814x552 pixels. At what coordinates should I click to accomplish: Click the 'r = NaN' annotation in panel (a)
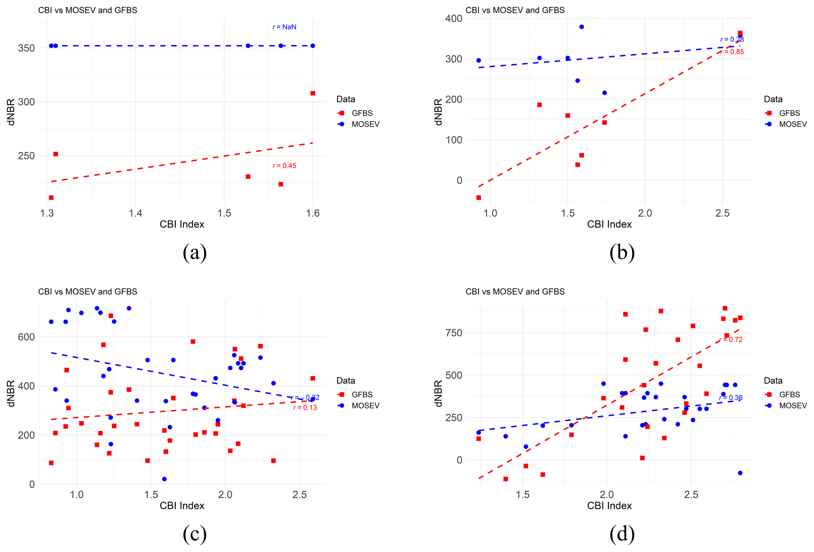pyautogui.click(x=284, y=27)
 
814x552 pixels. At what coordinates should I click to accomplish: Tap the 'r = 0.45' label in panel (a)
pyautogui.click(x=284, y=166)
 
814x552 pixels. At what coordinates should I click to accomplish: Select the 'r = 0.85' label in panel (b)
pyautogui.click(x=732, y=52)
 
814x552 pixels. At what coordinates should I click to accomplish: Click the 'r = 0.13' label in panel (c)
pyautogui.click(x=305, y=408)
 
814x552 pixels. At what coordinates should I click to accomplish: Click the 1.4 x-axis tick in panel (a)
pyautogui.click(x=135, y=213)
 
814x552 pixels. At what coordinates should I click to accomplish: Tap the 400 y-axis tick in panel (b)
pyautogui.click(x=454, y=18)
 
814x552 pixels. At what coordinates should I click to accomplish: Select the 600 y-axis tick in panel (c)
pyautogui.click(x=26, y=337)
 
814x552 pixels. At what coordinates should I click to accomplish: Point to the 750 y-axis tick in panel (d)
pyautogui.click(x=454, y=333)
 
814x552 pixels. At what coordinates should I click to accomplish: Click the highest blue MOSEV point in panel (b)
pyautogui.click(x=581, y=27)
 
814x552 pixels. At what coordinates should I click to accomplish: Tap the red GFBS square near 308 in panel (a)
pyautogui.click(x=313, y=93)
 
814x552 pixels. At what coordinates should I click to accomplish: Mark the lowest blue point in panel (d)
pyautogui.click(x=740, y=473)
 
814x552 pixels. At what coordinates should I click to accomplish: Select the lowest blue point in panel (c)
pyautogui.click(x=164, y=479)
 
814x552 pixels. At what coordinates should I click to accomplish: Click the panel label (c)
pyautogui.click(x=195, y=534)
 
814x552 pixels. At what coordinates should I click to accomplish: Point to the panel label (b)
pyautogui.click(x=622, y=253)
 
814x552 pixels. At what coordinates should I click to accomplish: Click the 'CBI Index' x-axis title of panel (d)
pyautogui.click(x=609, y=506)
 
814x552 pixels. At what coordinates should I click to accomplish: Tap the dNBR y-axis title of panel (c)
pyautogui.click(x=11, y=393)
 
